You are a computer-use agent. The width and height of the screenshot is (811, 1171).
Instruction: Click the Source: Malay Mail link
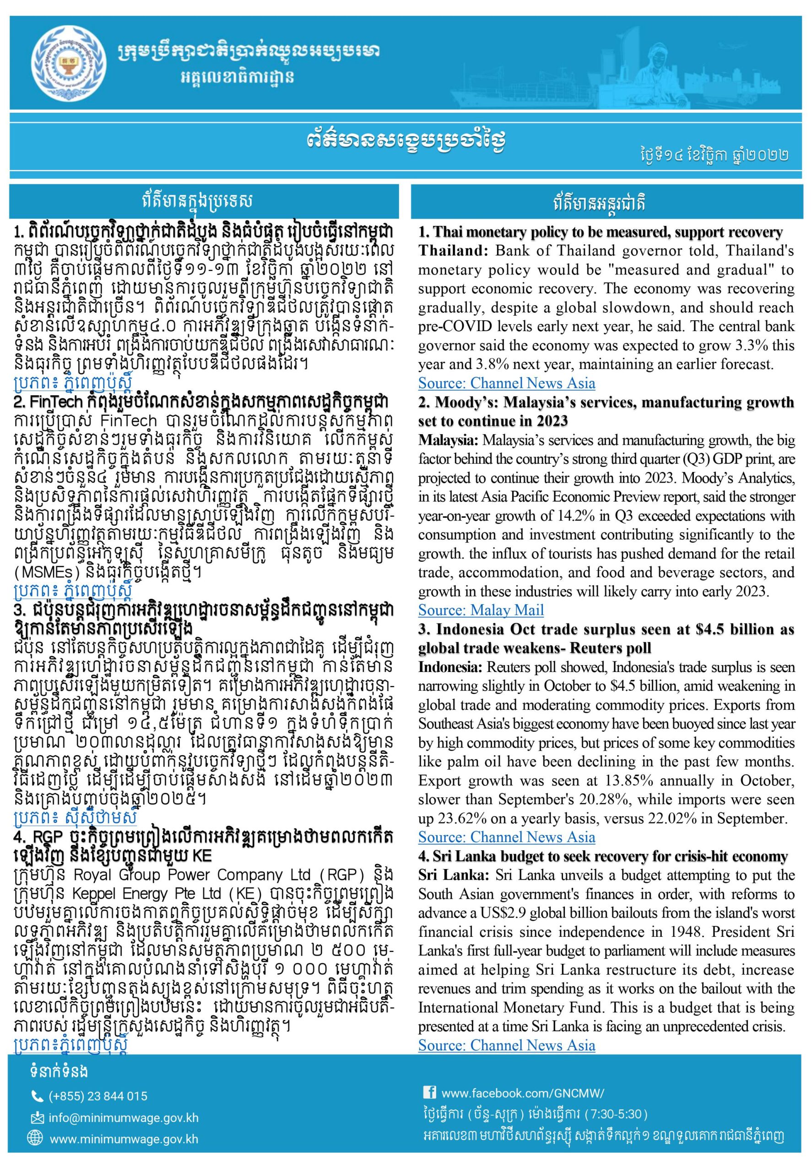[x=481, y=610]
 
